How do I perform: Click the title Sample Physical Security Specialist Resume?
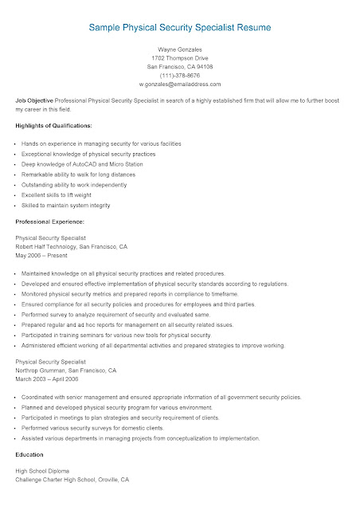click(x=180, y=27)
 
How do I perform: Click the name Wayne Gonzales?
click(x=180, y=49)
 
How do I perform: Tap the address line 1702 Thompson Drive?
click(x=180, y=58)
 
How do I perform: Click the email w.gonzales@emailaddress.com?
click(x=180, y=84)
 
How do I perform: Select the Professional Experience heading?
click(x=50, y=221)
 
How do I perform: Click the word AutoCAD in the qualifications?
click(x=84, y=163)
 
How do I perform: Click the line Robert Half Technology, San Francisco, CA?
click(x=71, y=246)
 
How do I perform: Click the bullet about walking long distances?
click(x=80, y=174)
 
